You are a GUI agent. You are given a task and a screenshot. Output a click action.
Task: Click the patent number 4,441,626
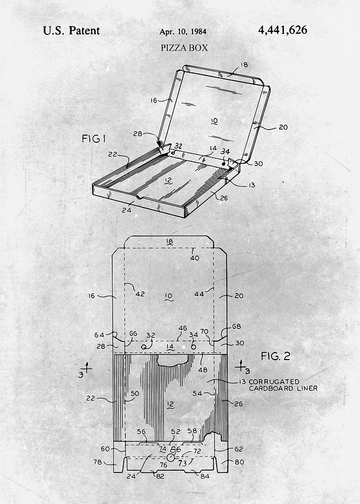(x=282, y=30)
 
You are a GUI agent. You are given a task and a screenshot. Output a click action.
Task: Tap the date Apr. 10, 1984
(x=183, y=32)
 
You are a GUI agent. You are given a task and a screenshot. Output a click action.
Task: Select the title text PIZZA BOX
(x=184, y=48)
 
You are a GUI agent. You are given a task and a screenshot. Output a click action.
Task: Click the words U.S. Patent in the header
(x=71, y=31)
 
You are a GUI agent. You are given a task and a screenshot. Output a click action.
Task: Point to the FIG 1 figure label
(x=94, y=139)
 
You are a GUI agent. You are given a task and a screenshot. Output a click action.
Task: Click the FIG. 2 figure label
(x=275, y=356)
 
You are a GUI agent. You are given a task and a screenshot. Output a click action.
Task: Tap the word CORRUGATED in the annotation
(x=274, y=381)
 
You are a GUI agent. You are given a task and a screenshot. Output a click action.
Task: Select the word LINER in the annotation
(x=307, y=388)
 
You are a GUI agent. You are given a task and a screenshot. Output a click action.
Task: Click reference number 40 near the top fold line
(x=195, y=258)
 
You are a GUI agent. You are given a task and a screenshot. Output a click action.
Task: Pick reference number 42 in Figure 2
(x=140, y=294)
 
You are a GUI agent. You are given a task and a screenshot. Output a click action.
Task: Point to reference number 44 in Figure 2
(x=199, y=294)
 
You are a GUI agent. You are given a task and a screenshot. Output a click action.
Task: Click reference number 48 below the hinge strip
(x=202, y=370)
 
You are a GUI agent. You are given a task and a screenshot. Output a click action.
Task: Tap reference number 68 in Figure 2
(x=236, y=326)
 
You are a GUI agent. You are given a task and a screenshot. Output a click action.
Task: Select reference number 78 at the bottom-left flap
(x=97, y=462)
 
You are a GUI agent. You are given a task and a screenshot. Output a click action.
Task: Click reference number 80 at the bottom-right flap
(x=239, y=462)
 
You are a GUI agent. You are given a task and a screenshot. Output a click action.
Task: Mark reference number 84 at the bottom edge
(x=205, y=476)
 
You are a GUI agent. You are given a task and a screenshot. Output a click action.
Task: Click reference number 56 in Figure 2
(x=142, y=432)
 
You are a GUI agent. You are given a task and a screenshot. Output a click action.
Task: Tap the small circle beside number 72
(x=171, y=457)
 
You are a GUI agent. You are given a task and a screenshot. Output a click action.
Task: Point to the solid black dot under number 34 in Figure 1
(x=224, y=163)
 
